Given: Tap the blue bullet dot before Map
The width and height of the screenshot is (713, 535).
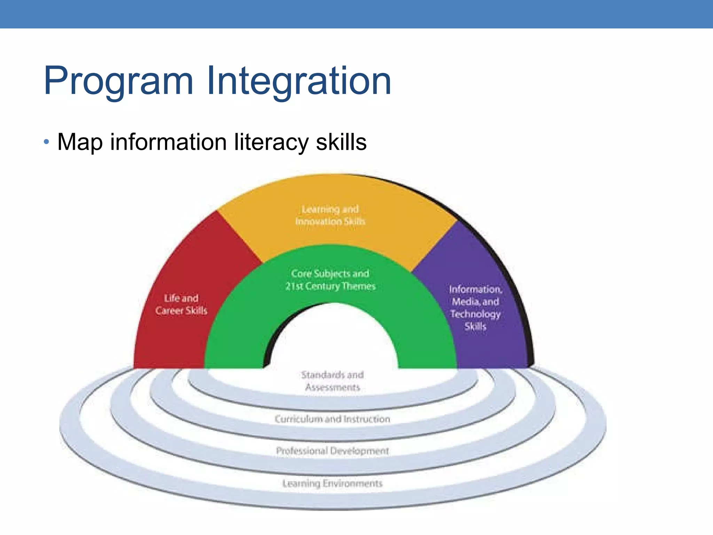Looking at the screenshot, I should pyautogui.click(x=47, y=142).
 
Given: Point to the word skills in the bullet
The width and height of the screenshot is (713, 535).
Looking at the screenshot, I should pyautogui.click(x=341, y=142).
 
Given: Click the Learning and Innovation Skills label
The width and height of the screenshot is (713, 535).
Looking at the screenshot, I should pyautogui.click(x=330, y=215).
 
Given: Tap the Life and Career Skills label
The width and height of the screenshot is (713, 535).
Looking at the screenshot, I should pyautogui.click(x=181, y=304).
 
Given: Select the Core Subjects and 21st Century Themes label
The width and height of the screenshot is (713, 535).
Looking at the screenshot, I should pyautogui.click(x=330, y=280).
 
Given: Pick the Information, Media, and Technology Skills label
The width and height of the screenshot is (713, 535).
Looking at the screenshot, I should pyautogui.click(x=475, y=308).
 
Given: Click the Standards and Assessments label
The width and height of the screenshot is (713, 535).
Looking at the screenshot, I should pyautogui.click(x=332, y=381).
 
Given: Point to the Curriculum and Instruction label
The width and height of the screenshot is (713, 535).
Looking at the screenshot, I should pyautogui.click(x=332, y=419).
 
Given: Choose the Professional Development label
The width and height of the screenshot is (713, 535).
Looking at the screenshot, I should pyautogui.click(x=332, y=451).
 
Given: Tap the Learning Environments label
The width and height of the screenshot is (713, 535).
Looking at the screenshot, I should pyautogui.click(x=332, y=483).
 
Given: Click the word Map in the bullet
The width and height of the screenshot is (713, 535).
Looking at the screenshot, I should pyautogui.click(x=80, y=142).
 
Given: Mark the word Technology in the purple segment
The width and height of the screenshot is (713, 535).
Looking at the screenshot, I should pyautogui.click(x=475, y=314).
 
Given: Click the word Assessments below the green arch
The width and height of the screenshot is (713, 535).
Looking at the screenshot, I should pyautogui.click(x=332, y=387).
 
